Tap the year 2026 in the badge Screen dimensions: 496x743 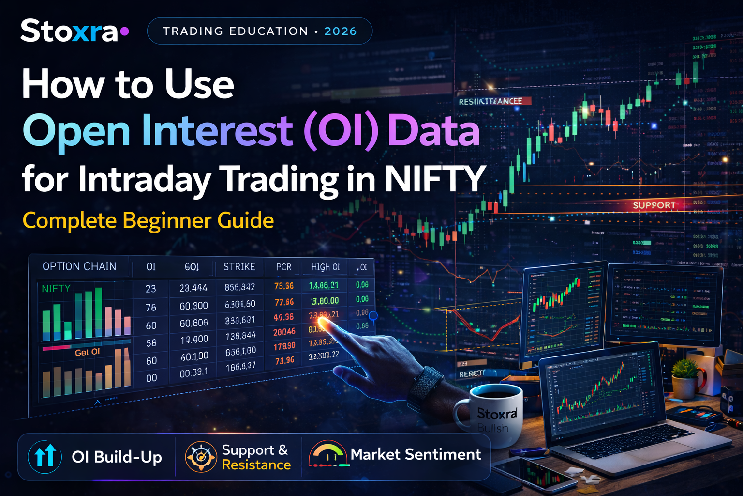tap(340, 31)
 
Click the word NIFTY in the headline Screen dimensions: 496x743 tap(435, 179)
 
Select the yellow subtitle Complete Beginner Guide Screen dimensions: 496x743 tap(148, 220)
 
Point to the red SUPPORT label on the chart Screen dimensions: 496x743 tap(654, 205)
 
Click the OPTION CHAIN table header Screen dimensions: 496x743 tap(79, 266)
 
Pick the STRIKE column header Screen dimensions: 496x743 tap(239, 267)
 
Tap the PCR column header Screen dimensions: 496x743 tap(283, 267)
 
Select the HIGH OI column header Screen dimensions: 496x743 tap(325, 267)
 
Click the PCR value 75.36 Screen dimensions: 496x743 tap(284, 286)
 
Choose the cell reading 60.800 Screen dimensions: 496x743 tap(193, 306)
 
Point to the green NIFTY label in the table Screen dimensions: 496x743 tap(56, 289)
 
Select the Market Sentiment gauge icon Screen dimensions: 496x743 tap(328, 454)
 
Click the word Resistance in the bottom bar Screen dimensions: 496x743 tap(256, 465)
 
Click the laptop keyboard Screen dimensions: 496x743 tap(629, 441)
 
